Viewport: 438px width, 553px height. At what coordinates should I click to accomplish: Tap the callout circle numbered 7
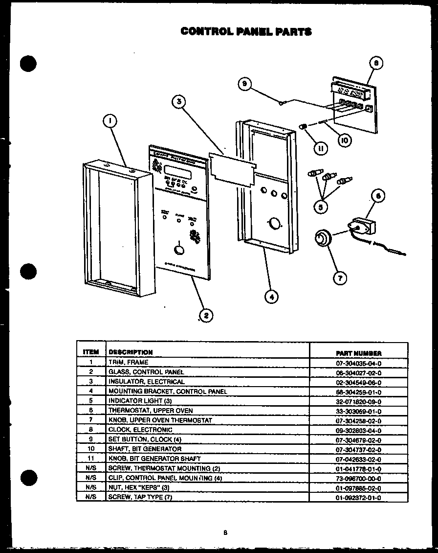point(339,278)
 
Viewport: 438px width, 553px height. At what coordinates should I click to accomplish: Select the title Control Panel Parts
point(246,32)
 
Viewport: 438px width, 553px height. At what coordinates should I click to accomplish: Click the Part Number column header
point(358,352)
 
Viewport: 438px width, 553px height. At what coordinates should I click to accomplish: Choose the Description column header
point(131,352)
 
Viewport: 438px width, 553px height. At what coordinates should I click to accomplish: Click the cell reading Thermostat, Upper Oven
point(151,411)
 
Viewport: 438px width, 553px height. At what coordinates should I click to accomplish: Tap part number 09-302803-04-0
point(358,430)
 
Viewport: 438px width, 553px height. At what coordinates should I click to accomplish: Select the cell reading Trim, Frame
point(128,363)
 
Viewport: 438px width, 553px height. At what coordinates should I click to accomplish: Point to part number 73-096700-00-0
point(358,479)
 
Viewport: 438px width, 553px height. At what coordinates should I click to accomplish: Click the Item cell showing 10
point(91,449)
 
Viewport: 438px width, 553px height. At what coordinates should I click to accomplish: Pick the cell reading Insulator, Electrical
point(147,382)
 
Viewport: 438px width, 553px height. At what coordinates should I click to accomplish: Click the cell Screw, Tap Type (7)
point(140,497)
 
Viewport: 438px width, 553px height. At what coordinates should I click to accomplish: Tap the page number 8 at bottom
point(225,533)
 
